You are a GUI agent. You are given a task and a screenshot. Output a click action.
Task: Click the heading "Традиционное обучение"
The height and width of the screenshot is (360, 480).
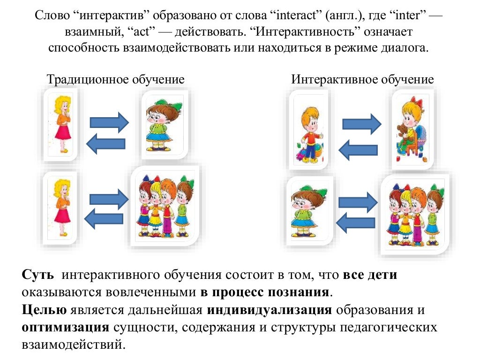[x=115, y=79]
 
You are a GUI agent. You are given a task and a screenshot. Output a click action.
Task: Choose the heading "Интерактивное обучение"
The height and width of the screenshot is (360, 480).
[x=362, y=79]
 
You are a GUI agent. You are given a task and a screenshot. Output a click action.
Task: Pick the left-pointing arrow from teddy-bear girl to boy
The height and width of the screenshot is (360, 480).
[x=358, y=150]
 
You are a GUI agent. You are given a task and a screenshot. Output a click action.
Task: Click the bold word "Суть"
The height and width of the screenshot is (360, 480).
[x=37, y=275]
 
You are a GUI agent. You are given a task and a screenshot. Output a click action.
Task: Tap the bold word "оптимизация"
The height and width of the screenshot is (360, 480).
[x=65, y=327]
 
